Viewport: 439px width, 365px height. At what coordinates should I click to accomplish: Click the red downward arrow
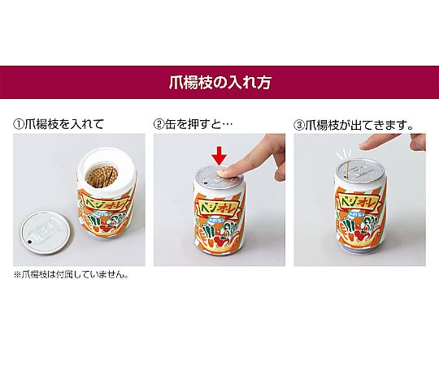point(219,155)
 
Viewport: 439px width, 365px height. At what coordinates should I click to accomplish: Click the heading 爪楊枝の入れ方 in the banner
point(219,82)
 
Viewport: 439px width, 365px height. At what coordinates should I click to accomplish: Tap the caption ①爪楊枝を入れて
point(59,124)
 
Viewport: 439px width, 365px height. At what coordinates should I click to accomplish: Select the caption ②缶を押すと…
point(193,124)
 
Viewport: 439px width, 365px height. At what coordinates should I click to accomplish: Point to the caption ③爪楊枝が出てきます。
point(354,125)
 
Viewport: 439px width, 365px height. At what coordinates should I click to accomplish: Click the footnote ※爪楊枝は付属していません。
point(71,275)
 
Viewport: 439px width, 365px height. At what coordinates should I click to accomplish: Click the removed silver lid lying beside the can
point(46,232)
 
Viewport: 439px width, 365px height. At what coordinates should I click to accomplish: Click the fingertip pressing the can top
point(224,171)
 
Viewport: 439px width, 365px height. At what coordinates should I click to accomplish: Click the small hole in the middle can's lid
point(206,183)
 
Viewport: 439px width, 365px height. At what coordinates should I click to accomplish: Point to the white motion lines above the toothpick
point(344,153)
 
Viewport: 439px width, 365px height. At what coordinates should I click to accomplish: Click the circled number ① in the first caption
point(19,124)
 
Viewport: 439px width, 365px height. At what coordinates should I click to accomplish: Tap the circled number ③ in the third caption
point(298,125)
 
